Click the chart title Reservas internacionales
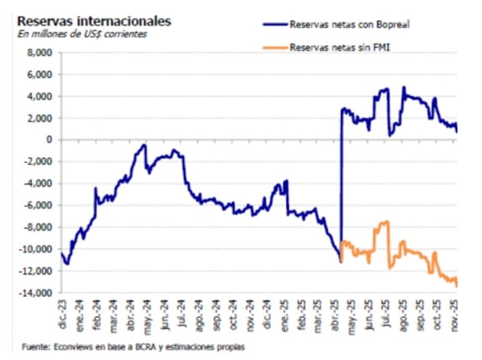point(94,21)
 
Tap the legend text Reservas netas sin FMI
point(339,46)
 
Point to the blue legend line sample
point(275,25)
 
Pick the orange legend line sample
point(275,46)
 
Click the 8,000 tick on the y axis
point(40,53)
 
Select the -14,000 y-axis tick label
point(36,292)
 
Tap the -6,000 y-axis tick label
point(38,206)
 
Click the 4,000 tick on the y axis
point(40,96)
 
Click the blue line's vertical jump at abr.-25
point(342,181)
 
